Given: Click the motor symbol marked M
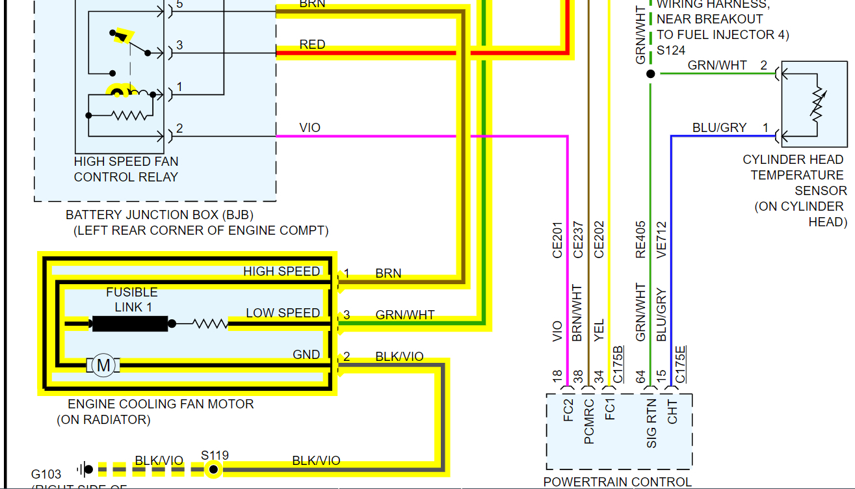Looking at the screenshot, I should coord(103,365).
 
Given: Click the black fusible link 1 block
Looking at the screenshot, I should coord(130,323).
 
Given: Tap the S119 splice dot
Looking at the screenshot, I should coord(212,469).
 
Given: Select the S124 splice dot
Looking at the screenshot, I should coord(650,74).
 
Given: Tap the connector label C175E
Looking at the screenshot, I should coord(681,365).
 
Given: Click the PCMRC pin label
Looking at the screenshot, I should coord(589,421).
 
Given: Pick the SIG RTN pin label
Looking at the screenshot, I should coord(651,423).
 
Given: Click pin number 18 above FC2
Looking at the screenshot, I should coord(557,377).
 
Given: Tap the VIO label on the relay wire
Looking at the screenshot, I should coord(310,127).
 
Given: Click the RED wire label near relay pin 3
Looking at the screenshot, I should coord(312,45).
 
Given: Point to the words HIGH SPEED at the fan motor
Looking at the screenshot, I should coord(282,272).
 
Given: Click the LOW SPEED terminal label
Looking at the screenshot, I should coord(283,313).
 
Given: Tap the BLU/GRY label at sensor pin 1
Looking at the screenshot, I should coord(719,127).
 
